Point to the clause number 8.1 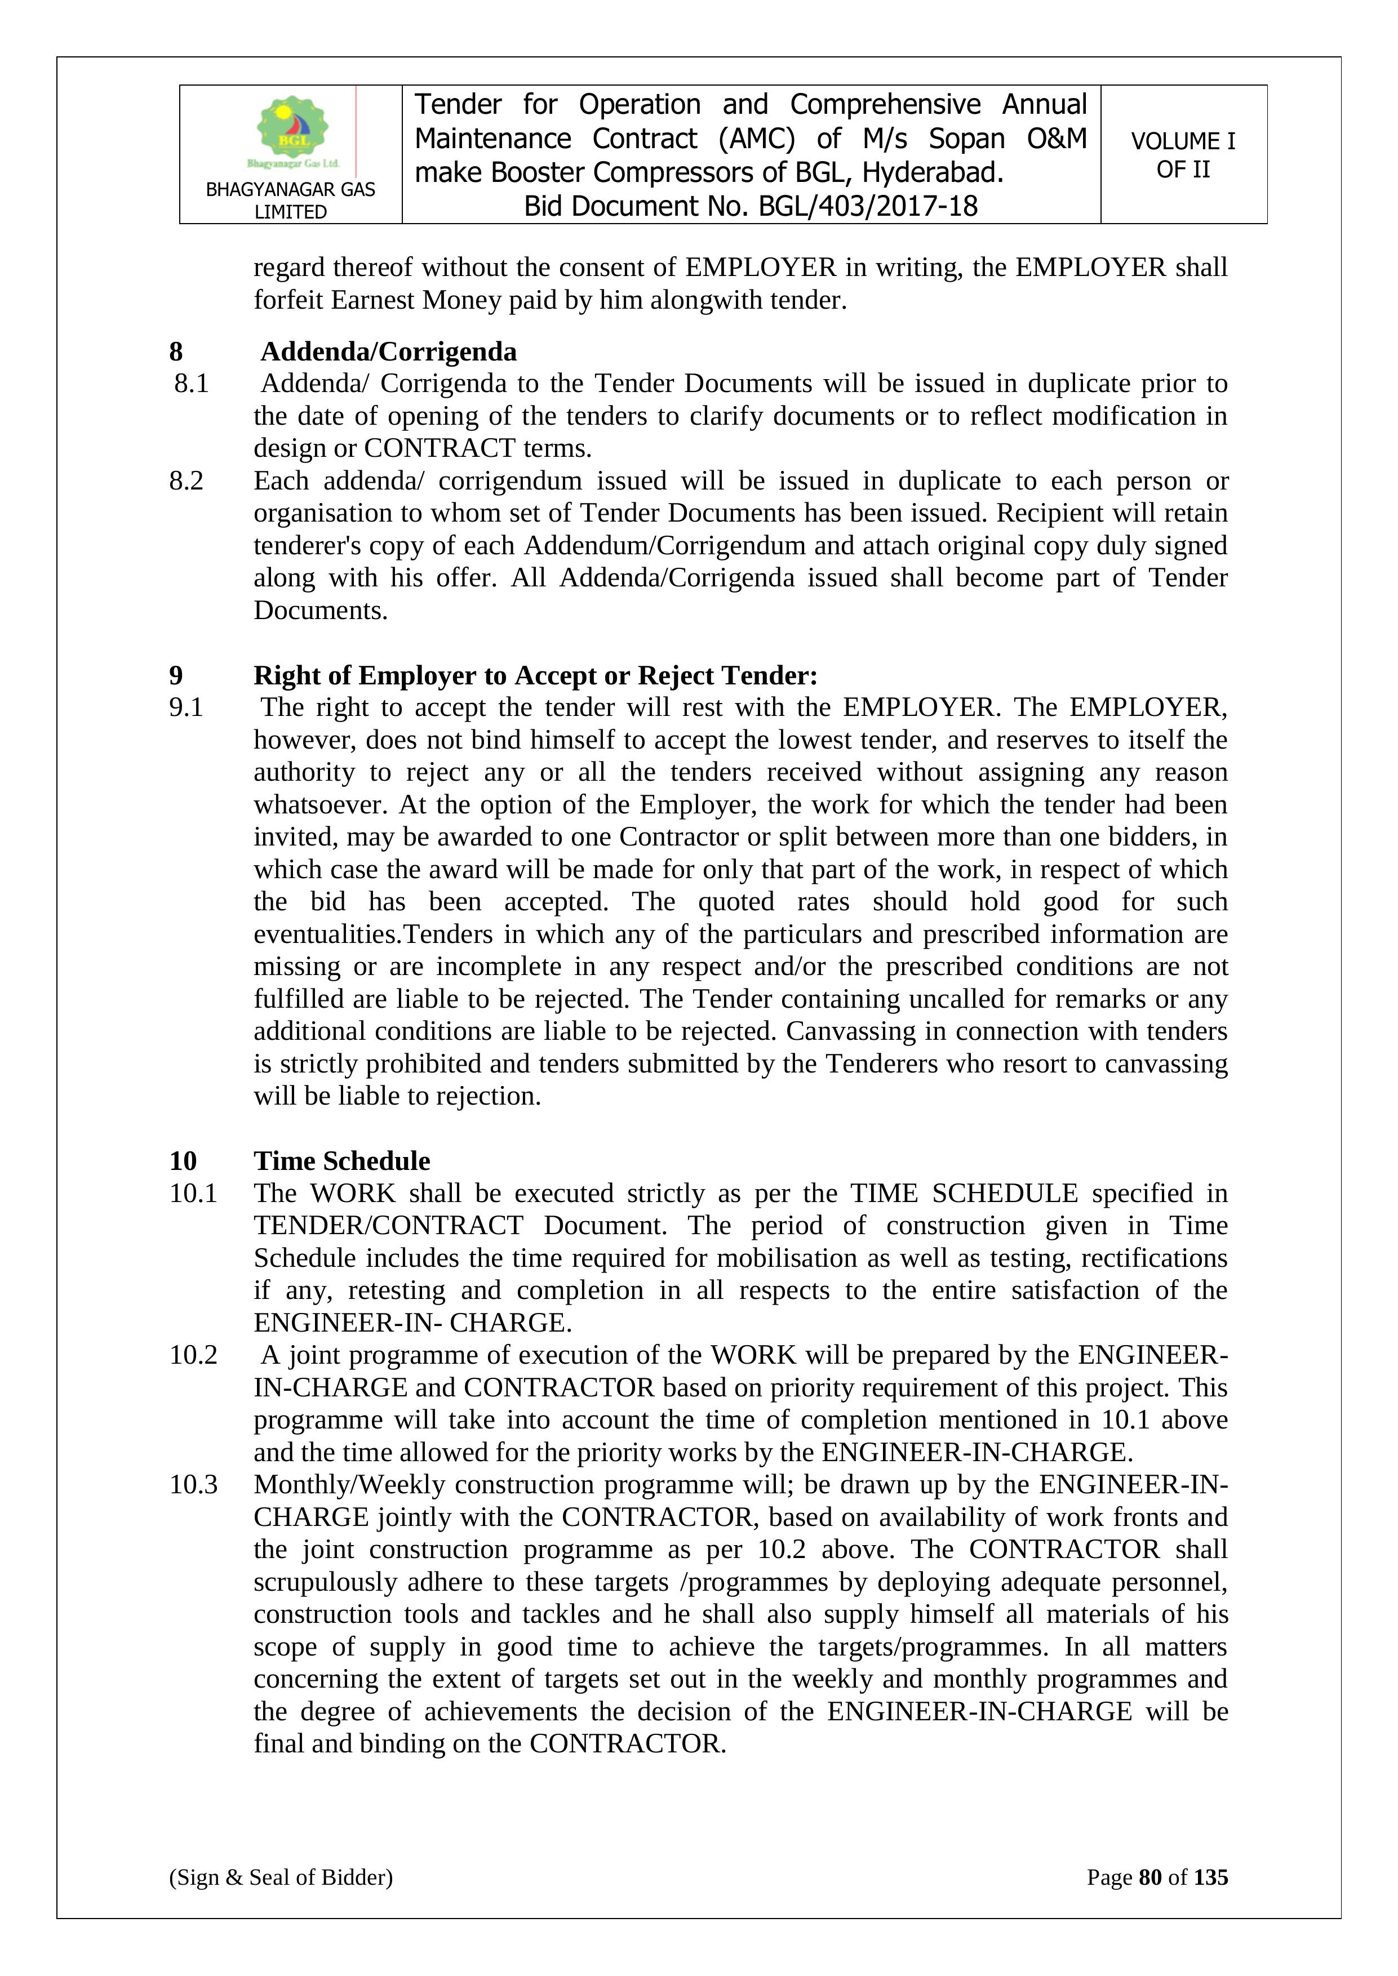click(191, 384)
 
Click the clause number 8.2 click(186, 481)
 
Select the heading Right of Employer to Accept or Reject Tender click(535, 675)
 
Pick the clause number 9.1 click(186, 707)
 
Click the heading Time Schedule click(342, 1161)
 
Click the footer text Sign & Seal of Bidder click(281, 1877)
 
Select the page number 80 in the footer click(1150, 1877)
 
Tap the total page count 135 click(1210, 1877)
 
